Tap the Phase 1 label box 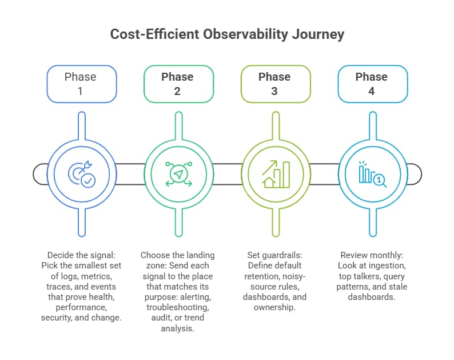pyautogui.click(x=81, y=84)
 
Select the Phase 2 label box pyautogui.click(x=178, y=84)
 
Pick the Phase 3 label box pyautogui.click(x=275, y=84)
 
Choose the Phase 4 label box pyautogui.click(x=372, y=84)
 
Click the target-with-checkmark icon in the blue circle pyautogui.click(x=81, y=173)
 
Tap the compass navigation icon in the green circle pyautogui.click(x=178, y=173)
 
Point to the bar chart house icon pyautogui.click(x=275, y=173)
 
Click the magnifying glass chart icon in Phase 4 pyautogui.click(x=372, y=173)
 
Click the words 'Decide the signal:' pyautogui.click(x=81, y=255)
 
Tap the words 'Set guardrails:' pyautogui.click(x=275, y=255)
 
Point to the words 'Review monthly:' pyautogui.click(x=372, y=255)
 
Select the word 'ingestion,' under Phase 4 pyautogui.click(x=386, y=266)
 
